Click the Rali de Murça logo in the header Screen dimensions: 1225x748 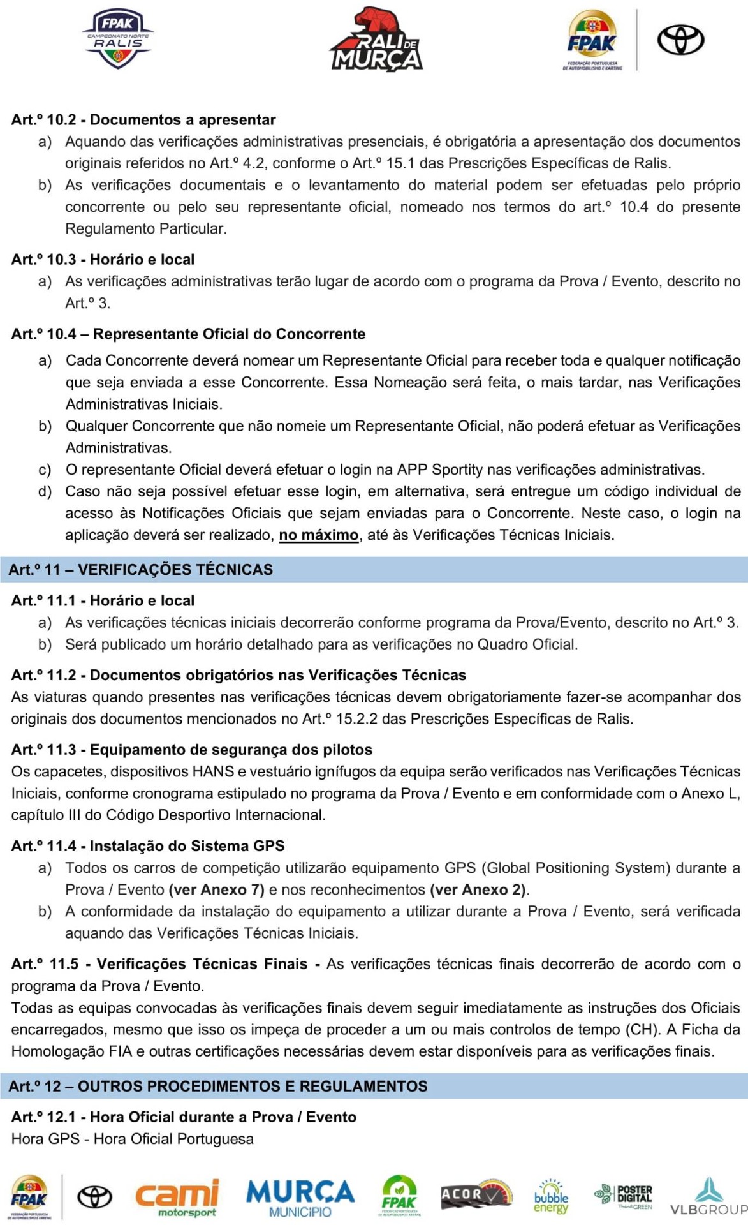point(376,40)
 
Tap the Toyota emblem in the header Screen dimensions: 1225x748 point(680,40)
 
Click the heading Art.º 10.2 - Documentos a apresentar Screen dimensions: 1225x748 point(143,120)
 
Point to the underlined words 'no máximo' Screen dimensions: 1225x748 point(319,535)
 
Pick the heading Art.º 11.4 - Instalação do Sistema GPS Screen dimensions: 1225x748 point(148,846)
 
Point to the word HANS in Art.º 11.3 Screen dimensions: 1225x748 point(213,771)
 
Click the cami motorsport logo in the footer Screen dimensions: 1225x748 point(177,1197)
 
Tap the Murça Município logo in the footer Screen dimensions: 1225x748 point(300,1197)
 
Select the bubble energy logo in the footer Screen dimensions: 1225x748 point(551,1197)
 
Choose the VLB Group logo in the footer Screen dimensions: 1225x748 point(708,1197)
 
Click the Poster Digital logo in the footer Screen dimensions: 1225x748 point(624,1197)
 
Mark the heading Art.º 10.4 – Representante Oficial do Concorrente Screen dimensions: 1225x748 point(188,334)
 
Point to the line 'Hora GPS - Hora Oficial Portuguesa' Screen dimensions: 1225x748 point(133,1139)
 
